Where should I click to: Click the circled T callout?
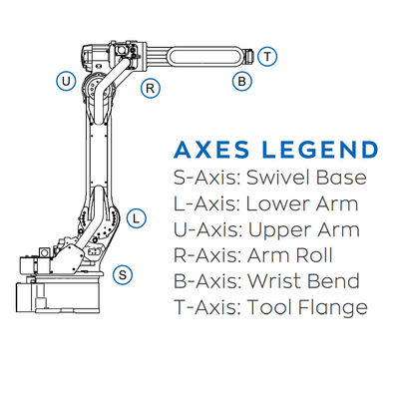(x=267, y=57)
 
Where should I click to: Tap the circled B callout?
(x=242, y=81)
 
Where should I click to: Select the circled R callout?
(x=151, y=89)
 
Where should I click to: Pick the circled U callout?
(x=66, y=81)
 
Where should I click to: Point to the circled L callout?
(x=137, y=218)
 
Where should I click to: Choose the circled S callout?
(x=123, y=274)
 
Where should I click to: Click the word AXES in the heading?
(x=211, y=150)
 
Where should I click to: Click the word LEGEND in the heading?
(x=320, y=150)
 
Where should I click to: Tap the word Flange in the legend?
(x=332, y=307)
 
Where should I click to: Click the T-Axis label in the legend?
(x=206, y=307)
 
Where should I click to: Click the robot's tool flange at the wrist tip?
(x=249, y=56)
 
